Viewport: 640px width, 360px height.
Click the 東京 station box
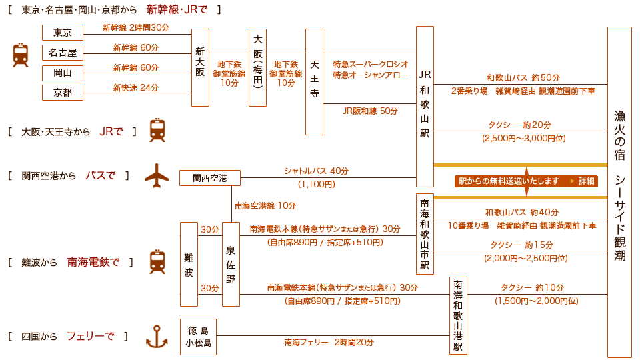coord(63,32)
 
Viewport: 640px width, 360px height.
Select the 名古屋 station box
coord(63,53)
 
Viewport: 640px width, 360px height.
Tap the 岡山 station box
coord(63,73)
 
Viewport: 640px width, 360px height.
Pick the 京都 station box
coord(63,93)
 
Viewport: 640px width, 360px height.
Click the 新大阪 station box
coord(200,68)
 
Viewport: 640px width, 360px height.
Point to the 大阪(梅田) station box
coord(257,68)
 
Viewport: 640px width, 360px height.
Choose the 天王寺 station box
coord(314,81)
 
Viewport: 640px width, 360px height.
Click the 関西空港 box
coord(210,178)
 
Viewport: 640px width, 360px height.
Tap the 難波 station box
coord(189,265)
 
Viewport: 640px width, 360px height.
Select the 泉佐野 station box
coord(231,265)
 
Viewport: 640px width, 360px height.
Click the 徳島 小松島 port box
coord(199,337)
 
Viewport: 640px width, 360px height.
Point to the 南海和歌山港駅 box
coord(458,315)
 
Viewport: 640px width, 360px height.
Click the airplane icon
coord(157,175)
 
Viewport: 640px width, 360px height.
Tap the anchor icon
coord(157,337)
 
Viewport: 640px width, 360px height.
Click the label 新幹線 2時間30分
coord(135,28)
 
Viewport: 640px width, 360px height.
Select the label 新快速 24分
coord(135,88)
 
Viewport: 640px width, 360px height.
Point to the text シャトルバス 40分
coord(316,171)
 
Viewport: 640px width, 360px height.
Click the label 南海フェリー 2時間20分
coord(329,343)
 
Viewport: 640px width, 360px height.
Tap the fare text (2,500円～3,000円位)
coord(524,139)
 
